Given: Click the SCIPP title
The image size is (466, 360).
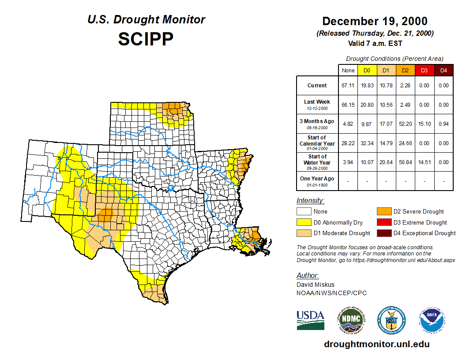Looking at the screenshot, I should click(146, 39).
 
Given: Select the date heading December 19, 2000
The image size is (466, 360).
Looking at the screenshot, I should click(375, 21).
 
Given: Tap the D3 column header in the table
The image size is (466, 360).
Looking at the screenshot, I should click(424, 71).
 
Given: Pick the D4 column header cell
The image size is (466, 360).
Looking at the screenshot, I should click(443, 71).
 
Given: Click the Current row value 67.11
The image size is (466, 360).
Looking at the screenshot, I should click(348, 86).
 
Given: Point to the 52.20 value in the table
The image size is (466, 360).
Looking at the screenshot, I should click(405, 124).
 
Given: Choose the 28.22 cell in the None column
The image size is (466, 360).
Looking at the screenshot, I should click(348, 143).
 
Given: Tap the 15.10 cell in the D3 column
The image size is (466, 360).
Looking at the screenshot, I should click(424, 124).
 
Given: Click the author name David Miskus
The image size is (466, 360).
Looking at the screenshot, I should click(315, 285).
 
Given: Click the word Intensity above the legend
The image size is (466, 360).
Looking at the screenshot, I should click(310, 201).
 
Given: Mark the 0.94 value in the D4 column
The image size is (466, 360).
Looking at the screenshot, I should click(443, 124).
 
